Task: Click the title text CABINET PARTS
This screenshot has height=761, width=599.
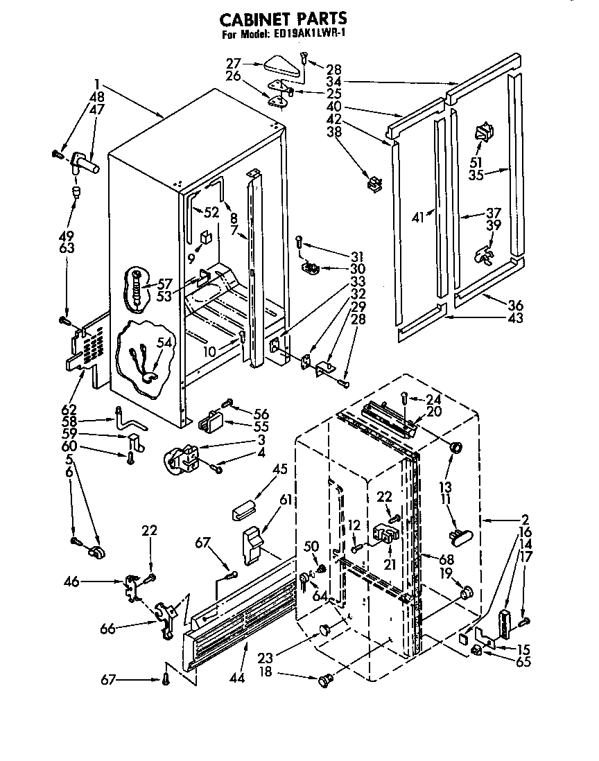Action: tap(284, 19)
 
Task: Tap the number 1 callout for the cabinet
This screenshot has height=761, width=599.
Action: tap(98, 84)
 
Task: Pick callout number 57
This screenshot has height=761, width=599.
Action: tap(165, 283)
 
